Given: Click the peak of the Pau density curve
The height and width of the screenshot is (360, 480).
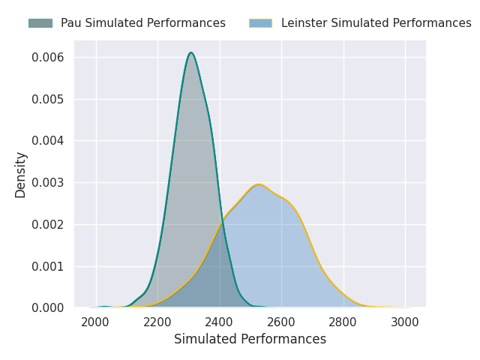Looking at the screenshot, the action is tap(191, 52).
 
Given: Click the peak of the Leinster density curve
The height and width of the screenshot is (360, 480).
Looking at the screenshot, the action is tap(259, 184).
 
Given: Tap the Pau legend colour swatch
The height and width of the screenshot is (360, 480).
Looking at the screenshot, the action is tap(40, 23).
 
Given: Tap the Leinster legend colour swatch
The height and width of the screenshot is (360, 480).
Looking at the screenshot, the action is tap(260, 23).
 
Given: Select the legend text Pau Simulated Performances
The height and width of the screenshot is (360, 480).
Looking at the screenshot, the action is tap(143, 23).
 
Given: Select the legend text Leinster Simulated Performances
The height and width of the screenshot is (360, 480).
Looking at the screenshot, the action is tap(376, 23).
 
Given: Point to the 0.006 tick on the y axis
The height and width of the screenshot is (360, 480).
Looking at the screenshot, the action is tap(47, 57).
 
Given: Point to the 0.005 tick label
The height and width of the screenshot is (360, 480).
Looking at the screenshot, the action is tap(47, 99).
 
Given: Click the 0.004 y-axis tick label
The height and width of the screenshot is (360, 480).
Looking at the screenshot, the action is tap(47, 141).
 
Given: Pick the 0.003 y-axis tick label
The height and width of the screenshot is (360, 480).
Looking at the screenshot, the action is tap(47, 183).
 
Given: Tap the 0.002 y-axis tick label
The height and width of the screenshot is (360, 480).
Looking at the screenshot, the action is tap(47, 225).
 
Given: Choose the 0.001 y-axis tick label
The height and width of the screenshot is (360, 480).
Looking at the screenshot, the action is tap(47, 267).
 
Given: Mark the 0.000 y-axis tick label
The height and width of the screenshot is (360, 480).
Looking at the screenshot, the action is tap(47, 308).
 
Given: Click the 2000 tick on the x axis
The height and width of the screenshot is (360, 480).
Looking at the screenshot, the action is tap(95, 322).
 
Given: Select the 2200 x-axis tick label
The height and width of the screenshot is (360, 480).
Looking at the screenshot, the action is tap(157, 322).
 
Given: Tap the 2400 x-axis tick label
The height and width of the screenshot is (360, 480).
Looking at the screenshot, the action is tap(219, 322).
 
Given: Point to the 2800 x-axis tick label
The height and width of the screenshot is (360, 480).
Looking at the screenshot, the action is tap(343, 322).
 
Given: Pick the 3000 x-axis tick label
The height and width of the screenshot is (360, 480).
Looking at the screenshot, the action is tap(405, 322).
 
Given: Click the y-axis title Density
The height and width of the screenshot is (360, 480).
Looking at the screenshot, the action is tap(20, 175).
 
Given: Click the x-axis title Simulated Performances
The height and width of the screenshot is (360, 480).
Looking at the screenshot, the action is tap(250, 339).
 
